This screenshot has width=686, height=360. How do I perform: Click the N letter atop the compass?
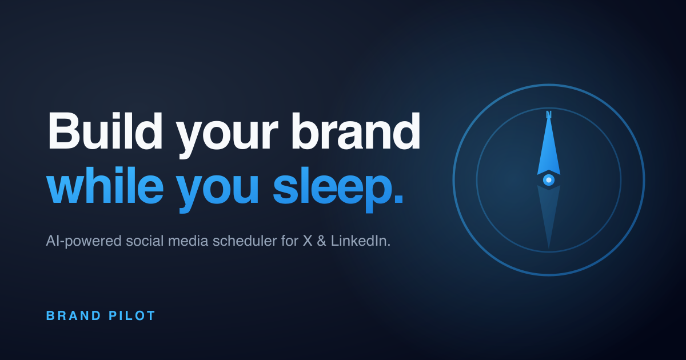click(549, 114)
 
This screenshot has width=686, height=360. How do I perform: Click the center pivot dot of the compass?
click(549, 180)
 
